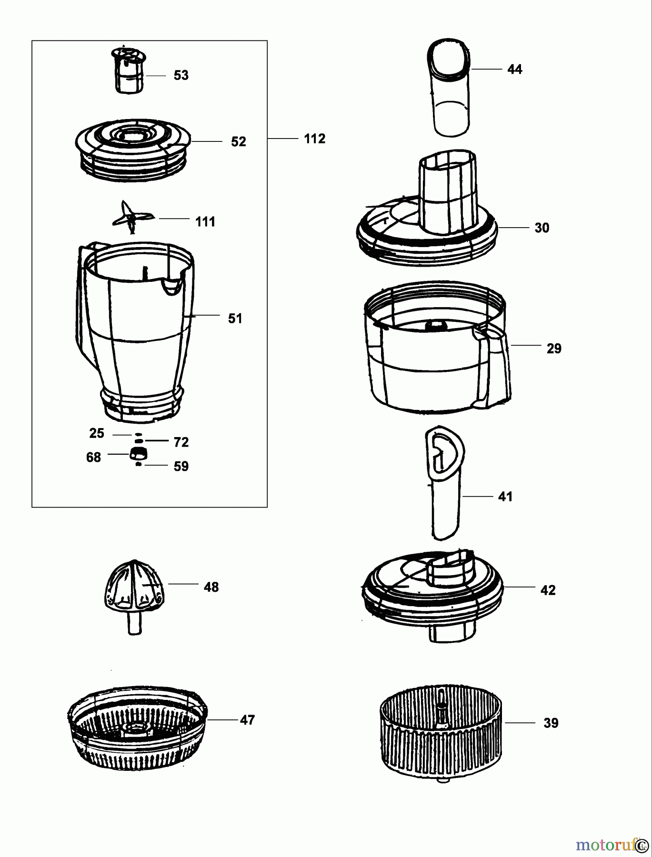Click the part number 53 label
(181, 75)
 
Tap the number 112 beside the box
(314, 139)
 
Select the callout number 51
(235, 318)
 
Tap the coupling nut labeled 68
(138, 453)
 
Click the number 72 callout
(181, 442)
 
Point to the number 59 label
(181, 466)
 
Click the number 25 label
(97, 433)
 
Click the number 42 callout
(548, 590)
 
